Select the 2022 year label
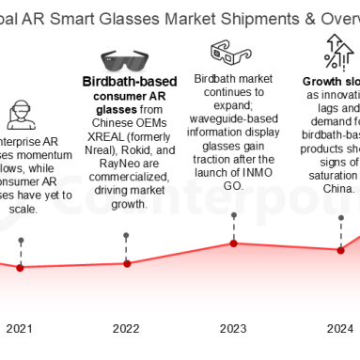(127, 328)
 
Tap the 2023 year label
(233, 328)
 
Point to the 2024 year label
(338, 328)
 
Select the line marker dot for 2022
(127, 255)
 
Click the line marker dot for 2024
(339, 249)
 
